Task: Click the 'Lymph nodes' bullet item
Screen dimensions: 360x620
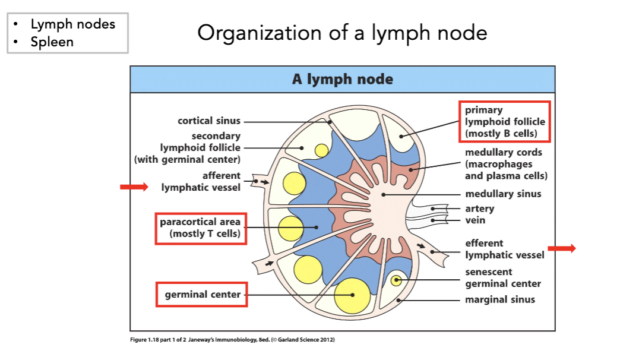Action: tap(72, 24)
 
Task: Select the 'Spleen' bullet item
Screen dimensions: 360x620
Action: tap(52, 42)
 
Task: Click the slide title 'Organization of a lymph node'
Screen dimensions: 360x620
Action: tap(342, 33)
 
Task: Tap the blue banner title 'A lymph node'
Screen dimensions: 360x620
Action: tap(342, 79)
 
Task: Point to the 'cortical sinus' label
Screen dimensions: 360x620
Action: tap(209, 121)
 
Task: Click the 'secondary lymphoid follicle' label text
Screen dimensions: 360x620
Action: tap(200, 147)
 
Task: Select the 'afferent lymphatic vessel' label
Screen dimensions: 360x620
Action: tap(201, 181)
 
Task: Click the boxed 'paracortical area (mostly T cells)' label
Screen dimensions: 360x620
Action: tap(201, 228)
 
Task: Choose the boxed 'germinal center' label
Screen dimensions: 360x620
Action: tap(202, 295)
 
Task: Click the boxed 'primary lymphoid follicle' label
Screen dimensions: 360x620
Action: tap(504, 121)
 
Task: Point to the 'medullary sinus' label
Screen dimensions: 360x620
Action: tap(503, 194)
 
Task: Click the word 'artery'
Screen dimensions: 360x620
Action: tap(479, 209)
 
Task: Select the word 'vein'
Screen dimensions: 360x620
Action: tap(475, 220)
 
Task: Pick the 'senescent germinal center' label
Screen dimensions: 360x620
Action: tap(503, 277)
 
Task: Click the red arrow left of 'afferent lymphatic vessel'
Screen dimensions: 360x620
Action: tap(134, 187)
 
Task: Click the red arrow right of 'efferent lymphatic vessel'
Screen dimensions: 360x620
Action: tap(561, 248)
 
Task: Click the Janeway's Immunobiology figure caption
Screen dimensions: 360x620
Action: tap(232, 340)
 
